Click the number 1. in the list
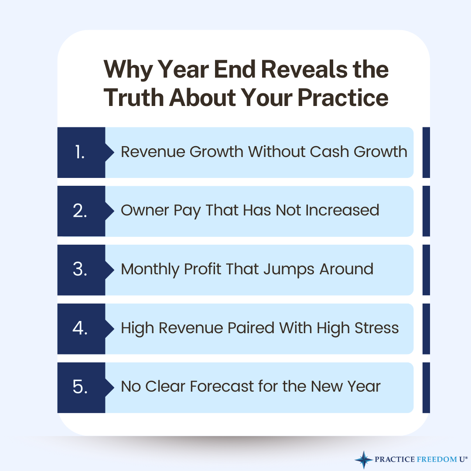(79, 152)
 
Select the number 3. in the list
(80, 270)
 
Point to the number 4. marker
(80, 328)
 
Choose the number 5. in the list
(80, 387)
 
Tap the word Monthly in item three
(150, 270)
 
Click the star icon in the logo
(363, 459)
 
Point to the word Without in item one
(276, 152)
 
